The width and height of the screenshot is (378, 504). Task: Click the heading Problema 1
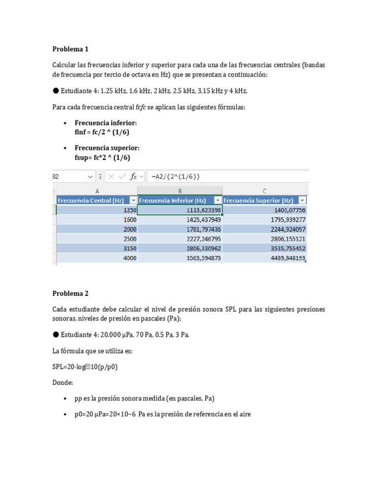70,49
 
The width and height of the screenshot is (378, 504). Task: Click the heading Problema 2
70,293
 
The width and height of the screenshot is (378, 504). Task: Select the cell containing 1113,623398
180,210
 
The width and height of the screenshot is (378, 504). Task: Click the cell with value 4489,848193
264,258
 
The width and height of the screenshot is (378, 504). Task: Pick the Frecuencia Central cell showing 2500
97,239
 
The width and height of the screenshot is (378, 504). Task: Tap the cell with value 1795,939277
264,220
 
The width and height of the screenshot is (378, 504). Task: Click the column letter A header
97,190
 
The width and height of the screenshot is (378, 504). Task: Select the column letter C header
264,190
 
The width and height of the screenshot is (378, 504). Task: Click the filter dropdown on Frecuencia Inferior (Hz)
217,200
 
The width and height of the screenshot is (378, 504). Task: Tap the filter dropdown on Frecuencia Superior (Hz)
302,200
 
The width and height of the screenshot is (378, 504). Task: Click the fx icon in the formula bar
133,177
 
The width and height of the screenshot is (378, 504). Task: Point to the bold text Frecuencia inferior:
106,123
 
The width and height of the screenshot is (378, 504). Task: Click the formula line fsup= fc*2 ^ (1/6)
102,157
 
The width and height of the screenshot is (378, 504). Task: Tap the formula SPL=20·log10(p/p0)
85,367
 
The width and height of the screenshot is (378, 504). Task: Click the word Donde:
63,382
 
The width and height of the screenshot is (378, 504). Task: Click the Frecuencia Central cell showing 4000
97,258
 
